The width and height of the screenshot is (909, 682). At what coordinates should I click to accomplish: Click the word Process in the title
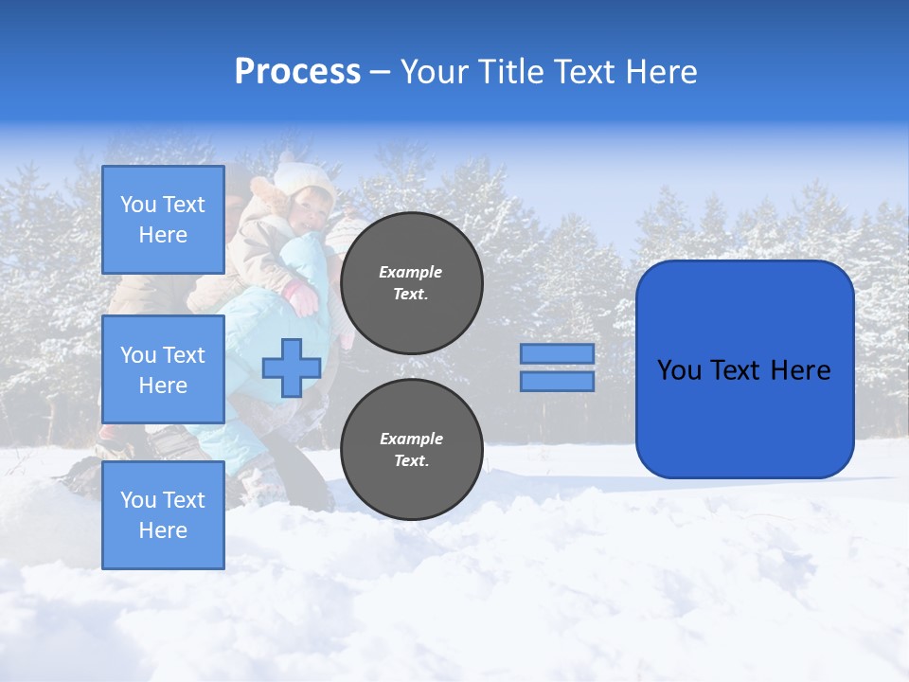(297, 72)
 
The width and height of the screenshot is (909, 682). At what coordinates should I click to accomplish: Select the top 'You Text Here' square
(163, 220)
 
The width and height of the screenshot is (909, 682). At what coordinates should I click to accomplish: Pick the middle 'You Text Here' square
(163, 369)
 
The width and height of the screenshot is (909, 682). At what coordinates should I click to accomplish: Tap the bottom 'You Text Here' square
(163, 514)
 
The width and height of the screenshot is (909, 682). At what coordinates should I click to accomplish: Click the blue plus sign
(291, 368)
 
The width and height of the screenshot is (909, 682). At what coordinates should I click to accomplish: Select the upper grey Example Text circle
(411, 282)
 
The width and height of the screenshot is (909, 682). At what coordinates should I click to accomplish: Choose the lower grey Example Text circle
(411, 449)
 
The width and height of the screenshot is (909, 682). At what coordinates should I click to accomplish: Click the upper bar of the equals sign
(557, 353)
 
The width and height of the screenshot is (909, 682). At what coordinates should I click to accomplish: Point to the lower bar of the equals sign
(557, 382)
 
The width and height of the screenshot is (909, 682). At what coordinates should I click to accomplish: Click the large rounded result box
(744, 369)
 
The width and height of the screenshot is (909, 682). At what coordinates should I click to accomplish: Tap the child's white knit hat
(305, 177)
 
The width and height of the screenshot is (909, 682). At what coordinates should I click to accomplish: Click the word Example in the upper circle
(411, 272)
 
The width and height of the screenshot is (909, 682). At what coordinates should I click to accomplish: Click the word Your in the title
(432, 72)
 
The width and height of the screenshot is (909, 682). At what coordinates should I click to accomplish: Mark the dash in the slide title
(380, 73)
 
